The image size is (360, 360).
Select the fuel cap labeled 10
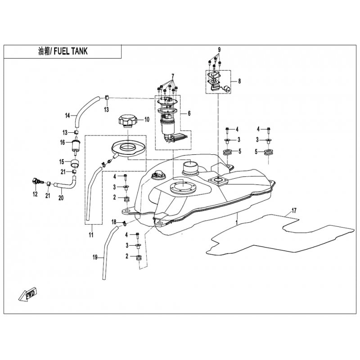tap(128, 121)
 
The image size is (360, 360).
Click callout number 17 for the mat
tap(294, 210)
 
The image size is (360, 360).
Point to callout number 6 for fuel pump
tap(189, 113)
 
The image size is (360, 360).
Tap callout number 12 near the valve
tap(35, 194)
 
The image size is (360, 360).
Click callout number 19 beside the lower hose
tap(95, 257)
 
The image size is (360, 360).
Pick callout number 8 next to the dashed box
tap(239, 81)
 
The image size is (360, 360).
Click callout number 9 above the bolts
tap(219, 49)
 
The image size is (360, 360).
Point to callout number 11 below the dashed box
tap(91, 234)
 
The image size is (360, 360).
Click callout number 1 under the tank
tap(237, 222)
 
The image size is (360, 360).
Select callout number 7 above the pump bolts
tap(173, 76)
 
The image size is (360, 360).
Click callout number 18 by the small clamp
tap(114, 222)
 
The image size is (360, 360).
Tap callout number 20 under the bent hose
tap(61, 198)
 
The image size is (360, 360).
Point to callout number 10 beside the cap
tap(147, 119)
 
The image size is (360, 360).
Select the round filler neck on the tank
tap(190, 167)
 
